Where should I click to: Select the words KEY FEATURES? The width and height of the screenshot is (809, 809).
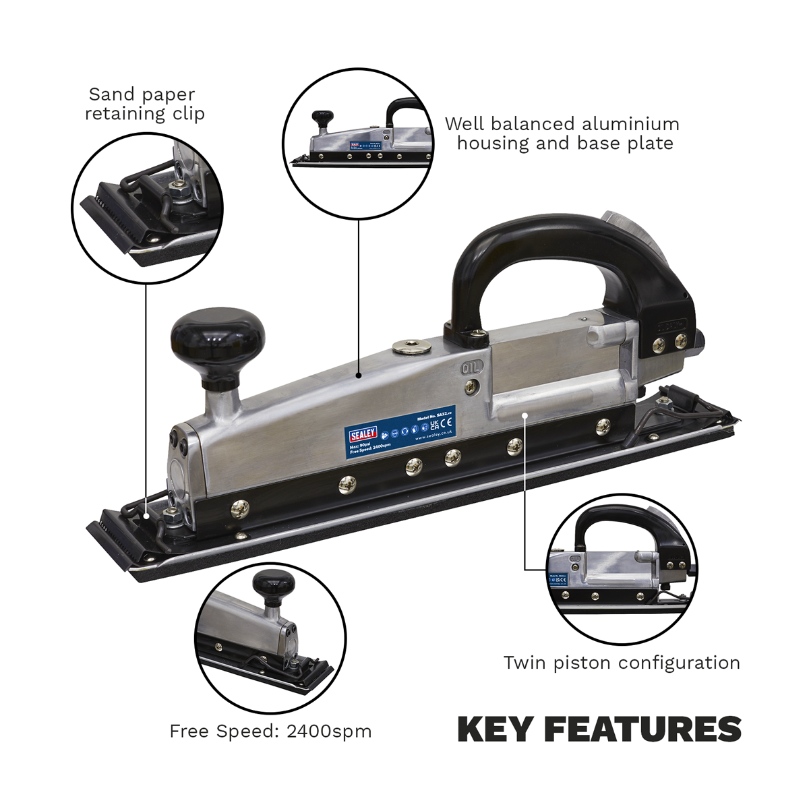pos(599,729)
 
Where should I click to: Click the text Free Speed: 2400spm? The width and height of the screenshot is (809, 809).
pos(270,731)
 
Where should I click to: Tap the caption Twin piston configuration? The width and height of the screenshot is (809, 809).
pos(622,663)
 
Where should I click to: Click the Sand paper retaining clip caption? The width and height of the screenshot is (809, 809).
pos(144,104)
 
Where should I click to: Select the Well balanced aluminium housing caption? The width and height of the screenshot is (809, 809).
pos(562,133)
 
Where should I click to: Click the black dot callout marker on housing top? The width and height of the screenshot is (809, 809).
pos(359,375)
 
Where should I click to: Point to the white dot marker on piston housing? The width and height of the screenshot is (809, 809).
pos(526,416)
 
